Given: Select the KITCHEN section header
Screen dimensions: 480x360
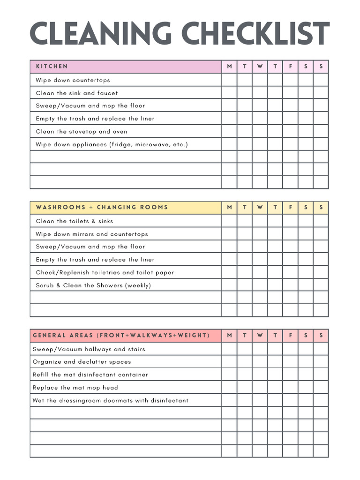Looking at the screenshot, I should (x=52, y=67).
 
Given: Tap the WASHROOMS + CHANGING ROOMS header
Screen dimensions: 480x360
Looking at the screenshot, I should (x=102, y=207).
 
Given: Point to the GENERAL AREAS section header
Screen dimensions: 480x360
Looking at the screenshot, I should (x=121, y=336).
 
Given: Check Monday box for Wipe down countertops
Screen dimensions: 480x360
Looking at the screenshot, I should (x=229, y=80).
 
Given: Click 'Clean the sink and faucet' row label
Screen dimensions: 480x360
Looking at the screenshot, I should (x=77, y=93).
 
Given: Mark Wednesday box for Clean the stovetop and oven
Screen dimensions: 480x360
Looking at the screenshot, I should (x=260, y=131).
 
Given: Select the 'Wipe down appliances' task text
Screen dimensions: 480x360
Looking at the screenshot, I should (x=112, y=144).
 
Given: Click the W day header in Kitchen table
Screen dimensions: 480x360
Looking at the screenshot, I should (x=260, y=67).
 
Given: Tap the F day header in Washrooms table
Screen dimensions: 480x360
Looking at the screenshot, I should (x=290, y=207).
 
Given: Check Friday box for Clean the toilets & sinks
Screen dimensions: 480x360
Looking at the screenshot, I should (x=290, y=221).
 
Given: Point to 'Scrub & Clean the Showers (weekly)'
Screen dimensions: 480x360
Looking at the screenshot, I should (x=93, y=285).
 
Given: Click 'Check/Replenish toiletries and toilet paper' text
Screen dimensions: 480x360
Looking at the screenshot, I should (x=105, y=272).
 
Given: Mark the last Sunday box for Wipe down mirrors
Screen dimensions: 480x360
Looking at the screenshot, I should (x=321, y=234).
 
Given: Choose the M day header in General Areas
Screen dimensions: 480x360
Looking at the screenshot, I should (x=229, y=336).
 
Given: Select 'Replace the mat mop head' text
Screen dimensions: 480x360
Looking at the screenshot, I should (x=75, y=388).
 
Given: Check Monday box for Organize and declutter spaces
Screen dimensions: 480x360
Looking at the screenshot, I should (x=229, y=362).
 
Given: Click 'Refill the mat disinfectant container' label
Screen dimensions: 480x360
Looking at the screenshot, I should (x=90, y=375).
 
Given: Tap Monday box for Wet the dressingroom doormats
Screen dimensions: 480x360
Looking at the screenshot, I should (x=229, y=400).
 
